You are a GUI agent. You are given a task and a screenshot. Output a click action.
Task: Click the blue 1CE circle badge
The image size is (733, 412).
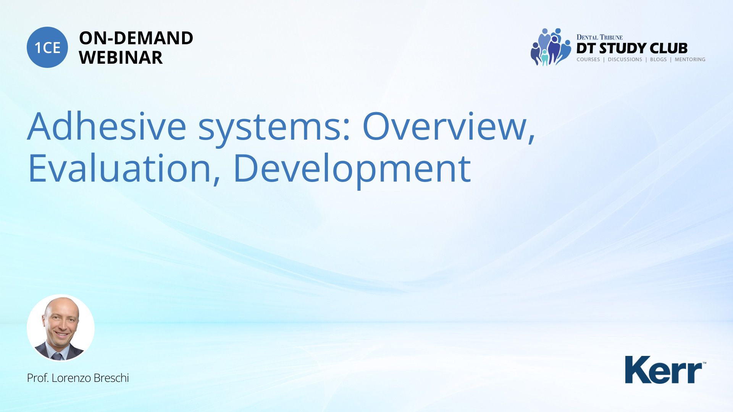coord(47,47)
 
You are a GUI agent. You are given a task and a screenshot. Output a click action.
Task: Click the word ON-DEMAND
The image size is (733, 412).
coord(136,38)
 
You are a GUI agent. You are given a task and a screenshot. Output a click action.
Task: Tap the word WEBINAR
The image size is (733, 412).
coord(121,58)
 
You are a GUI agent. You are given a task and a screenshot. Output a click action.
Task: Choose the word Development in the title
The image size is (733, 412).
coord(352,170)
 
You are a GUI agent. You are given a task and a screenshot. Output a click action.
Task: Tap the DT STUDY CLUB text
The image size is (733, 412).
coord(632,48)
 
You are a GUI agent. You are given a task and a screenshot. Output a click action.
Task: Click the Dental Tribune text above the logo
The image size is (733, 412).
coord(599,37)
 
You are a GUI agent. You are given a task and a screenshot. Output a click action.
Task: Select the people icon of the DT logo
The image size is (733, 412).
coord(550,47)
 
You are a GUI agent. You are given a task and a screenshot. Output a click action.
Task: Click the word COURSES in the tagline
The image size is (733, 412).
coord(588,60)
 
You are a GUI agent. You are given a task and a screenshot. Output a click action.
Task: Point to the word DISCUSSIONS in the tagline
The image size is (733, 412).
coord(625,60)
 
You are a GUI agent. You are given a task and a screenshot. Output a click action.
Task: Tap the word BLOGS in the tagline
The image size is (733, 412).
coord(658,60)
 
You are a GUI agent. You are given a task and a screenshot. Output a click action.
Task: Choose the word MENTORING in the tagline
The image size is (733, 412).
coord(690,60)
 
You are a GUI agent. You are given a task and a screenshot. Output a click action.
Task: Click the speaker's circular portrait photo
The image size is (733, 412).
coord(61,328)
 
